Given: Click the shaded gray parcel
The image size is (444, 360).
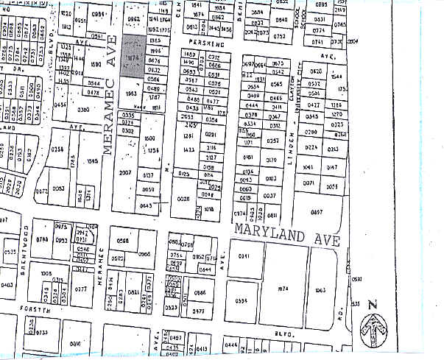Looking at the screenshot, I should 133,56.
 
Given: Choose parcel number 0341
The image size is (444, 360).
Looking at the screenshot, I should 243,255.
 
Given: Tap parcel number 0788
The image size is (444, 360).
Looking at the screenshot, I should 41,239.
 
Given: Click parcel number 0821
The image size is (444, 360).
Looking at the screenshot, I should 134,292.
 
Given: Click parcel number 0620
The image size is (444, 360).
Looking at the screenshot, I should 317,71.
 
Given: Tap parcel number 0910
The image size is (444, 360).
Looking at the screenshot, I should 75,343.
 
